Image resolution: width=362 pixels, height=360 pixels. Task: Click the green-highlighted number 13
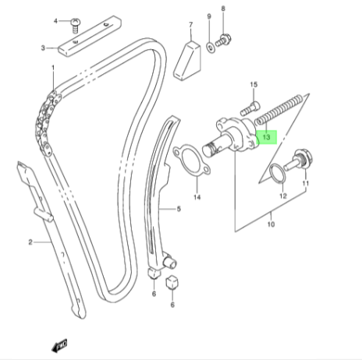coord(267,137)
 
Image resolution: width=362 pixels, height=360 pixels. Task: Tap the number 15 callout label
coord(254,85)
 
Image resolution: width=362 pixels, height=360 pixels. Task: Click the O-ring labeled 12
coord(278,173)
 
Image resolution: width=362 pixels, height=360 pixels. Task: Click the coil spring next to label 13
coord(279,110)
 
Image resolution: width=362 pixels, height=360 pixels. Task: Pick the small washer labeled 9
coord(211,48)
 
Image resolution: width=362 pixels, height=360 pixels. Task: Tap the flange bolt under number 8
coord(223,41)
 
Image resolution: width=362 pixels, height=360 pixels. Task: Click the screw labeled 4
coord(76,26)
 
